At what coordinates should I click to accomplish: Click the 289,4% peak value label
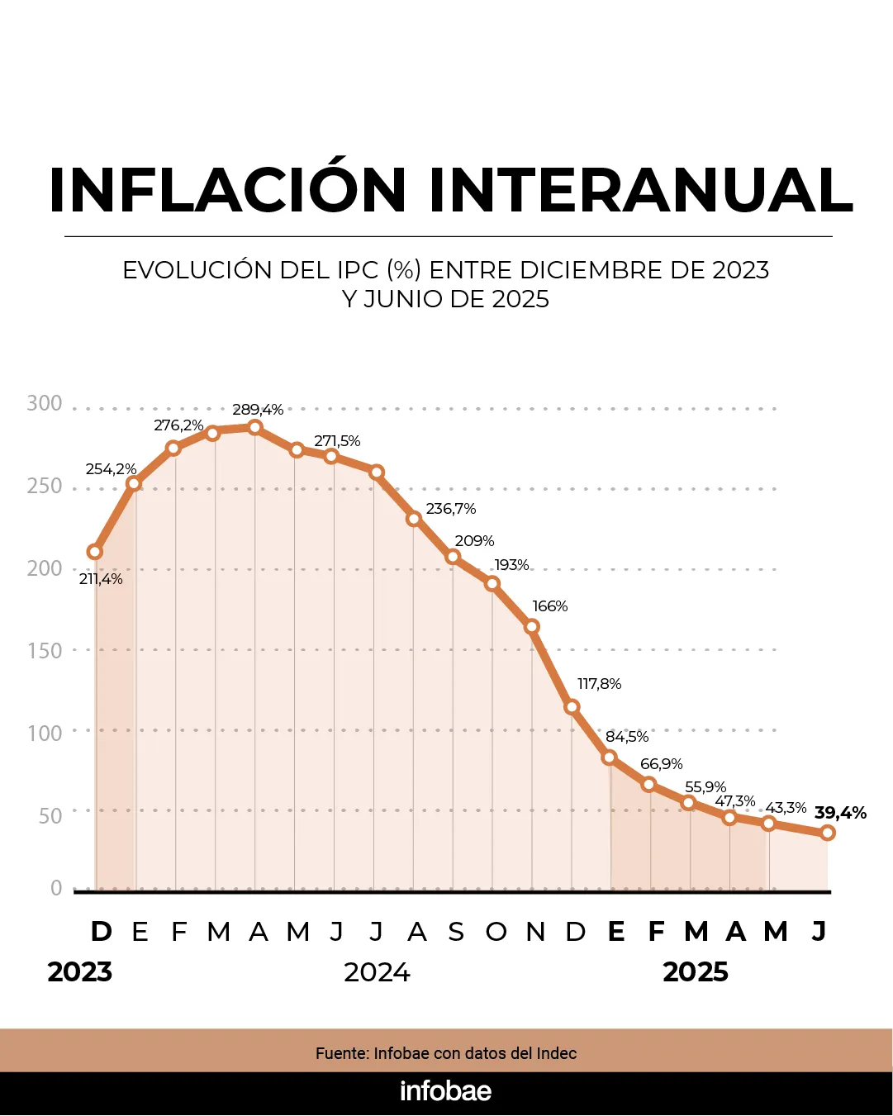pos(258,410)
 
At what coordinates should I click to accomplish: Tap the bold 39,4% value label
pos(840,813)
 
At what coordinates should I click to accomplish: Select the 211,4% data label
pos(101,579)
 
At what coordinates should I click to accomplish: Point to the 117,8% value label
pos(599,684)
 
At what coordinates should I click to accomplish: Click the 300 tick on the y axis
pos(45,403)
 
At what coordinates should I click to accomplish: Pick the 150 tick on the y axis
pos(45,651)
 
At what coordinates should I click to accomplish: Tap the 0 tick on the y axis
pos(56,888)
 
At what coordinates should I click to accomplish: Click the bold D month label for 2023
pos(101,932)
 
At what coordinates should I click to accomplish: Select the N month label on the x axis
pos(535,933)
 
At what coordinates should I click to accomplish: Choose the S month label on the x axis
pos(456,933)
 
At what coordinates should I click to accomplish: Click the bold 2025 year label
pos(696,972)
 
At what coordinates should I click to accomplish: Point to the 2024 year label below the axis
pos(377,972)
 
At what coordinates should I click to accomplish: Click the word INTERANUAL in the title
pos(640,191)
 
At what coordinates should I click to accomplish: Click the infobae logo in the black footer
pos(446,1091)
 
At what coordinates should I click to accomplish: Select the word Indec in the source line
pos(557,1053)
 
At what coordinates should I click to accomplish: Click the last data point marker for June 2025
pos(827,833)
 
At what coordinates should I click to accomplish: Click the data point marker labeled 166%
pos(532,627)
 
